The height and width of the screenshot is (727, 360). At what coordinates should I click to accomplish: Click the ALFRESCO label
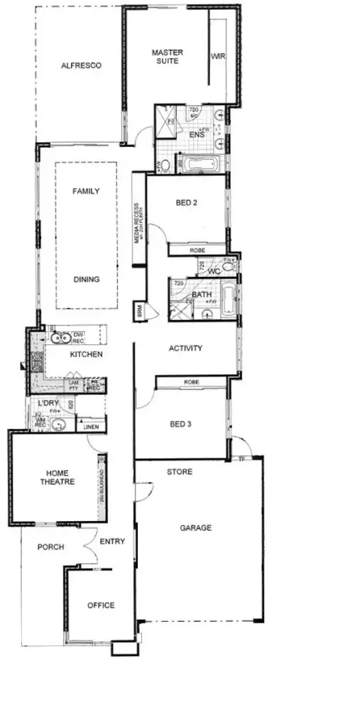click(x=81, y=65)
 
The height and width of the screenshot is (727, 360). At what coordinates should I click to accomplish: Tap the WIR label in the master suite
click(x=218, y=57)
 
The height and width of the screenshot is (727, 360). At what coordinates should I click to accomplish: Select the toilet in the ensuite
click(x=165, y=165)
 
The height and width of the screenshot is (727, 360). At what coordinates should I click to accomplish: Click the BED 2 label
click(x=186, y=203)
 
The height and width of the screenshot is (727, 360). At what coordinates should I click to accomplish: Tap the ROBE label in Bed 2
click(x=197, y=251)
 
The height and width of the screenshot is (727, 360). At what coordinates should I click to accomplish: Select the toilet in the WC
click(x=229, y=269)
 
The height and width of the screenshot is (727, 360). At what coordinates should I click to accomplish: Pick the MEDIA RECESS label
click(x=139, y=222)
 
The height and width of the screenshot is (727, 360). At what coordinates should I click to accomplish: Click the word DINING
click(x=87, y=279)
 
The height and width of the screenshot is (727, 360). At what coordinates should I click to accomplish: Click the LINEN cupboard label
click(x=90, y=427)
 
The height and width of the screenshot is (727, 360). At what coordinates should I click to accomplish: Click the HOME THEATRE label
click(x=60, y=477)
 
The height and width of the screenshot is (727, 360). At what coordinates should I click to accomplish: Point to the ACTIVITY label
click(x=186, y=349)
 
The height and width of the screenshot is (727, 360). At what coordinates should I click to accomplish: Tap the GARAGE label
click(x=196, y=528)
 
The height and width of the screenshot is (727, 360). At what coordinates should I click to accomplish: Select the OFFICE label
click(x=101, y=606)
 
